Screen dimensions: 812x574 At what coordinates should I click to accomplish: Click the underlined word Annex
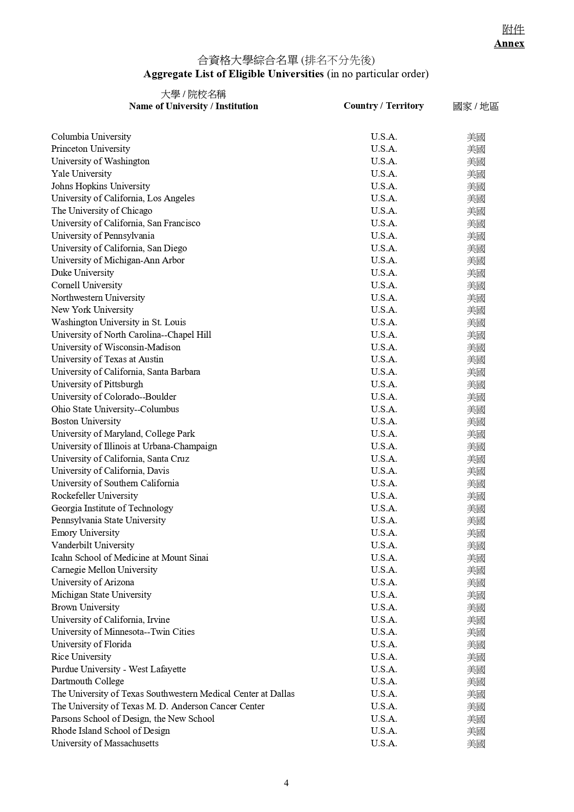[x=509, y=43]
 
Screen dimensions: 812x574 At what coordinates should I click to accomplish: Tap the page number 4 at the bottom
[x=286, y=783]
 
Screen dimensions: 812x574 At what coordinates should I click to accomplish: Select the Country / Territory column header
[x=383, y=106]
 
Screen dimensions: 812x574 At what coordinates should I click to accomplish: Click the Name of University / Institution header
[x=193, y=106]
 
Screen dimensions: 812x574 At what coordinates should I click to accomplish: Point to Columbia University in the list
[x=91, y=136]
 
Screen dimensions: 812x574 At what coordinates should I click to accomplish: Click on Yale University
[x=81, y=174]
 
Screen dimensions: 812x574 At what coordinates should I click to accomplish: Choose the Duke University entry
[x=82, y=273]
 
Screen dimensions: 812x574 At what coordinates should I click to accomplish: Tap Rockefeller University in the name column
[x=94, y=496]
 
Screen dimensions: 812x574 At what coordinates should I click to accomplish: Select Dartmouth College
[x=87, y=681]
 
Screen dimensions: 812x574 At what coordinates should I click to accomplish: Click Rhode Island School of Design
[x=111, y=731]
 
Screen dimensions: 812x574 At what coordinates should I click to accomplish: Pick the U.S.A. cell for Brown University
[x=384, y=607]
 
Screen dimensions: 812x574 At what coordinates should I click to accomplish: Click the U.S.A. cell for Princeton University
[x=384, y=149]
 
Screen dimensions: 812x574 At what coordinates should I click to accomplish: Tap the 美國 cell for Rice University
[x=476, y=657]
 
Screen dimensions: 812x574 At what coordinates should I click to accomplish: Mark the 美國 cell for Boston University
[x=476, y=421]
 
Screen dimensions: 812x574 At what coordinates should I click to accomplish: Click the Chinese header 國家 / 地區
[x=475, y=106]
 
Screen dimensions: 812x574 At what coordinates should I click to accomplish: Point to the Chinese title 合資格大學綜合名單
[x=248, y=60]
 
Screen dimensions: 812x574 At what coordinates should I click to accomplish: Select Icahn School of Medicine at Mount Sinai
[x=130, y=558]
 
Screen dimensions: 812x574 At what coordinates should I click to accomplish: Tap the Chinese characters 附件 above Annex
[x=513, y=30]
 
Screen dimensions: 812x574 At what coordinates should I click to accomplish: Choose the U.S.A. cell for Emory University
[x=384, y=533]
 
